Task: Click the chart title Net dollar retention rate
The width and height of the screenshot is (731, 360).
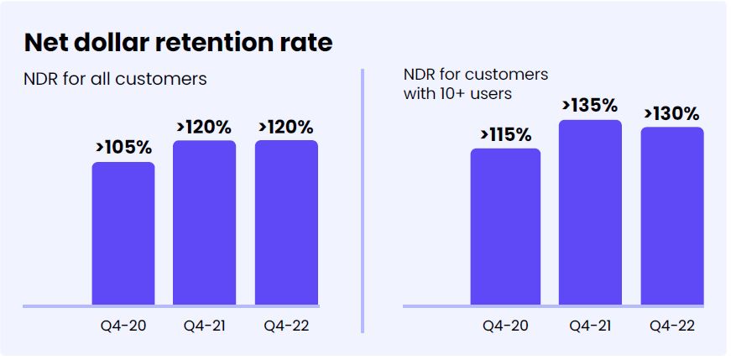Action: [178, 43]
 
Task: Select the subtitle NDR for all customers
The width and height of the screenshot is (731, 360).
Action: [115, 80]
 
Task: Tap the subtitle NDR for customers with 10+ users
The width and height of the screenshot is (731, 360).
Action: [476, 83]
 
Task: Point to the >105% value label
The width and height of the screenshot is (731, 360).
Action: [123, 148]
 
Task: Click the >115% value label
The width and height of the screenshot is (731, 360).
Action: [505, 134]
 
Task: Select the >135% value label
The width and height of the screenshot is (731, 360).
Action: [590, 106]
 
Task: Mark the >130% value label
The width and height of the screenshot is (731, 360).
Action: [672, 112]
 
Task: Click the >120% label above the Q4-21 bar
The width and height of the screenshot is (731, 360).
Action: [204, 127]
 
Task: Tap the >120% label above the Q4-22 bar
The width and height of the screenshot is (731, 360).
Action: [285, 127]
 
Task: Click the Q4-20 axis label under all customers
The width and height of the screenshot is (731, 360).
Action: [123, 326]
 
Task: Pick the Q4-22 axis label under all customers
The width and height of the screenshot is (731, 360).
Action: [286, 326]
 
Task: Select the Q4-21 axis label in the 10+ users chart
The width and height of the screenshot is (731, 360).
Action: [591, 326]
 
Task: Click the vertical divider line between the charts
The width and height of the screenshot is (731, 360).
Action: [363, 201]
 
